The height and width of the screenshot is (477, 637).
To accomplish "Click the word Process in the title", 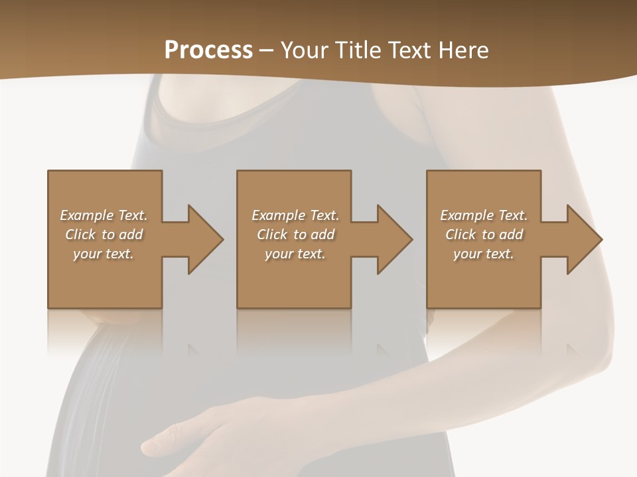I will pyautogui.click(x=208, y=50).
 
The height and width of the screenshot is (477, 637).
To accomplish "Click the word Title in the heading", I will pyautogui.click(x=358, y=50).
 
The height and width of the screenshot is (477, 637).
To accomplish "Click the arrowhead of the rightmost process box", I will pyautogui.click(x=583, y=239).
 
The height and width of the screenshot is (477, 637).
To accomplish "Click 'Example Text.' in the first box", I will pyautogui.click(x=104, y=215).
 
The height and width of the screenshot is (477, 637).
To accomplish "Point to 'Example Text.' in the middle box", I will pyautogui.click(x=295, y=215).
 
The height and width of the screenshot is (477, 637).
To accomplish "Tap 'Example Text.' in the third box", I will pyautogui.click(x=484, y=215).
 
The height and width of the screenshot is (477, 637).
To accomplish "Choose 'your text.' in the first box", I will pyautogui.click(x=104, y=254).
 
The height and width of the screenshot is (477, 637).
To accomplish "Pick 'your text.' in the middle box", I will pyautogui.click(x=295, y=254).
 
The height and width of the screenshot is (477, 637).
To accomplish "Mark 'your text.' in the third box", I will pyautogui.click(x=484, y=254).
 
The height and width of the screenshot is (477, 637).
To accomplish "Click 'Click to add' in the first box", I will pyautogui.click(x=104, y=235).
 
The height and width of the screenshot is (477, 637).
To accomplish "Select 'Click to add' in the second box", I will pyautogui.click(x=295, y=235).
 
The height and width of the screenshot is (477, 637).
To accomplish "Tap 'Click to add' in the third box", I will pyautogui.click(x=484, y=235).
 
